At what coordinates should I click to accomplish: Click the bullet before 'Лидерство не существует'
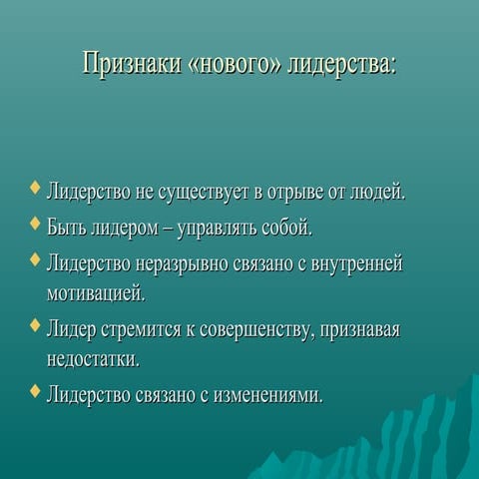[37, 186]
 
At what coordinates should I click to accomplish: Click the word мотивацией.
[96, 294]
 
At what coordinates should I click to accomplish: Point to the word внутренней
[358, 263]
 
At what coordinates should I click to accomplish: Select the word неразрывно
[170, 263]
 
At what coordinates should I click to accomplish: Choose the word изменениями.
[266, 393]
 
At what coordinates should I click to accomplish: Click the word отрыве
[262, 191]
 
